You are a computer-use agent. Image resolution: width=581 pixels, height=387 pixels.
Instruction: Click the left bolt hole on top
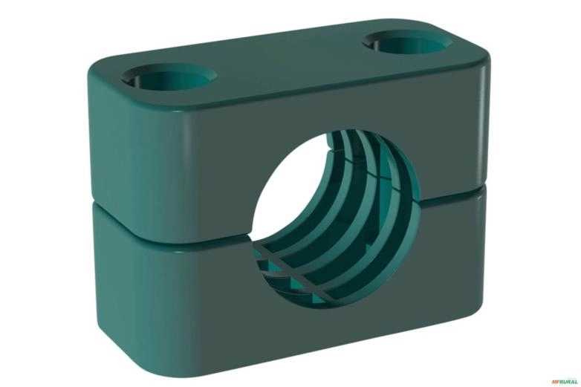pos(170,76)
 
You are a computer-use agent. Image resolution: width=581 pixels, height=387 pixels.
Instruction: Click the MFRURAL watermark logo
pos(564,381)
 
